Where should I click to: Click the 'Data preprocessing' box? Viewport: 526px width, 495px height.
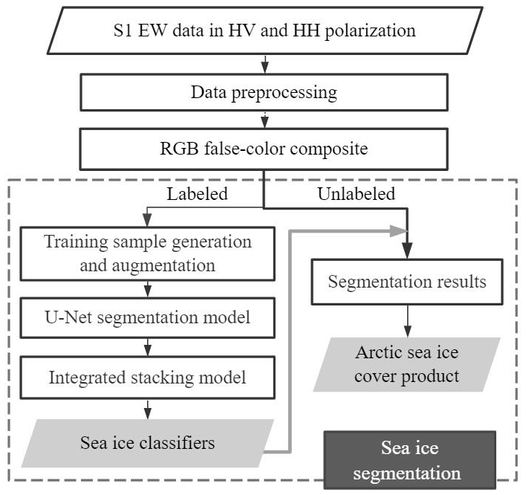click(264, 93)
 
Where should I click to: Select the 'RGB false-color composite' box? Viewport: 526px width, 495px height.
click(264, 149)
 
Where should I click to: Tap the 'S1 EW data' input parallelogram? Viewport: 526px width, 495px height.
click(264, 30)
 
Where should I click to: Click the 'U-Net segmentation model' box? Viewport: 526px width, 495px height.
click(148, 318)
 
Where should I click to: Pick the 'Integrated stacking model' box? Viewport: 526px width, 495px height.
click(148, 377)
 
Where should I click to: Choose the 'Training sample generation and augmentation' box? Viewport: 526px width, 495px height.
click(148, 253)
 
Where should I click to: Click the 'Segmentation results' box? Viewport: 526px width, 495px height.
click(407, 282)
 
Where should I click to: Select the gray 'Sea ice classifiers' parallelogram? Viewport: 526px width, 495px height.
click(148, 443)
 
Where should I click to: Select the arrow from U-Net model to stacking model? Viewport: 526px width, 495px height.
click(148, 346)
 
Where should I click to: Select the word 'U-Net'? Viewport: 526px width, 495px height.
click(65, 318)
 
